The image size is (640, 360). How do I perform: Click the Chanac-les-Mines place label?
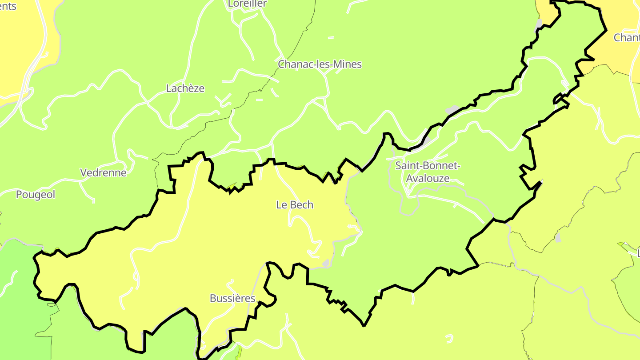[320, 64]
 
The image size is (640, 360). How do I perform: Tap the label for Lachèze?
[185, 88]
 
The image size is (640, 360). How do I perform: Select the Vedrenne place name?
[103, 172]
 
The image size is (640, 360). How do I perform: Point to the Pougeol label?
[36, 195]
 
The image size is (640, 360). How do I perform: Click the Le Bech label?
[295, 205]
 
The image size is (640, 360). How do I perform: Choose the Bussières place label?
[232, 298]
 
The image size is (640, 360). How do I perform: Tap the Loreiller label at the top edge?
[247, 4]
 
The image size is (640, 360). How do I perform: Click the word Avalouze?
[428, 179]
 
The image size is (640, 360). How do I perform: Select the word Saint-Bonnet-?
[428, 166]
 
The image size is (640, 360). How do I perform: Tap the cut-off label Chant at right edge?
[626, 38]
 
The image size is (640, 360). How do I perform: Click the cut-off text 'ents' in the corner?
[8, 6]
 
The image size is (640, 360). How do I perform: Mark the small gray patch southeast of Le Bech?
[326, 264]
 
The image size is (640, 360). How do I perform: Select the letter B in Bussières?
[213, 298]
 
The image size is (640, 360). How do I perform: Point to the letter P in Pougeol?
[19, 195]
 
